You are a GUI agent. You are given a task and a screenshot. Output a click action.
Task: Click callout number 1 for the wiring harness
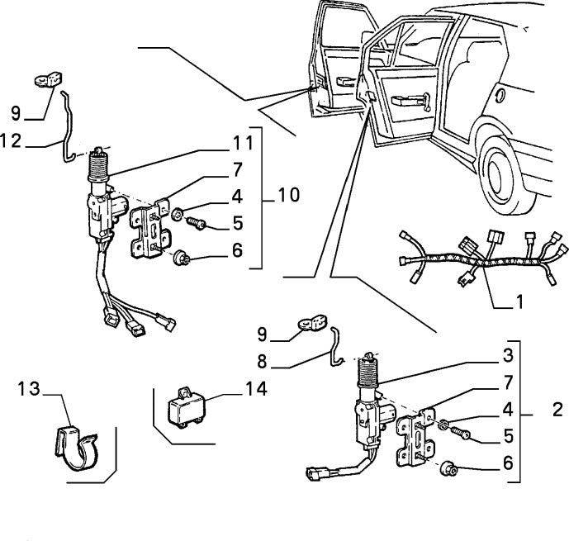point(519,302)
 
